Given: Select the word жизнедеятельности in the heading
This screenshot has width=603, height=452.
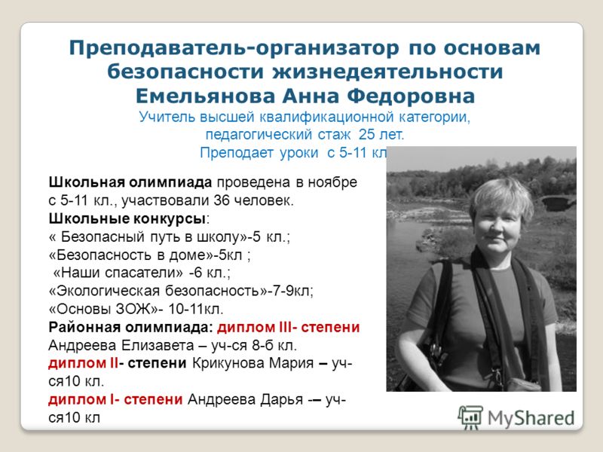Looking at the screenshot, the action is tap(387, 72).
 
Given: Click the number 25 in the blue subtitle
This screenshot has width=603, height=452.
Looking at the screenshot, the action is tap(367, 135).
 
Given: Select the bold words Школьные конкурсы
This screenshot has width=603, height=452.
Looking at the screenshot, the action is tap(127, 218).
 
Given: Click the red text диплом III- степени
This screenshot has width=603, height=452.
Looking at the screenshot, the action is tap(289, 327).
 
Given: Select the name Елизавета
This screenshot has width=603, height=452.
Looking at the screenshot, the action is tap(157, 345).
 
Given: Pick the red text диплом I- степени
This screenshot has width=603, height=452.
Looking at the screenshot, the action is tap(115, 400).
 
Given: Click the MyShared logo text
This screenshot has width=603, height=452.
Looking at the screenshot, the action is tap(531, 418).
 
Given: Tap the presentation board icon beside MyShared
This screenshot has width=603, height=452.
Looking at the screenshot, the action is tap(470, 418).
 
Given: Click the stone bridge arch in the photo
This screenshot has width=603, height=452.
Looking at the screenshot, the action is tap(557, 203).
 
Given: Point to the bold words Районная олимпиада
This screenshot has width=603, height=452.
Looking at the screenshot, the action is tap(130, 327).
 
